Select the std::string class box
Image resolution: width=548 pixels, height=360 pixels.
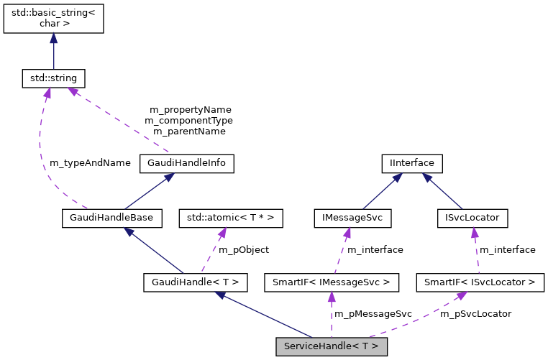54,76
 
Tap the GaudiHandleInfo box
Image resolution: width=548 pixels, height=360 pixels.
187,163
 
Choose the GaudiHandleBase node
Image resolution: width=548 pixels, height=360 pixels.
112,216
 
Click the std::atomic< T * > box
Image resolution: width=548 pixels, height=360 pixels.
226,216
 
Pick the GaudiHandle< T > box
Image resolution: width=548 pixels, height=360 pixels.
196,282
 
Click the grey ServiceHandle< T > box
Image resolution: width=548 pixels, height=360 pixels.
332,346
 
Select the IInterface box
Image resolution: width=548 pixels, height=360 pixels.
411,163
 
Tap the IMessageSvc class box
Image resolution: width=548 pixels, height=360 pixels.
347,216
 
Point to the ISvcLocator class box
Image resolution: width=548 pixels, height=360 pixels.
472,216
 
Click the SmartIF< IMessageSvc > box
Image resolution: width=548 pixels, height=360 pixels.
332,282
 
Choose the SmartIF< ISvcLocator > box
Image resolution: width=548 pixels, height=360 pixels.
480,282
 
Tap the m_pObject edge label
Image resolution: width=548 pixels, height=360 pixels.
244,249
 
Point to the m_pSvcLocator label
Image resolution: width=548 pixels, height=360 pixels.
475,314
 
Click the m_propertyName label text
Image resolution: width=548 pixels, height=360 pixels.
190,110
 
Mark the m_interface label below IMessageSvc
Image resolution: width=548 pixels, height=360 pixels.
375,249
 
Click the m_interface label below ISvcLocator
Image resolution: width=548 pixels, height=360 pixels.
508,249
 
